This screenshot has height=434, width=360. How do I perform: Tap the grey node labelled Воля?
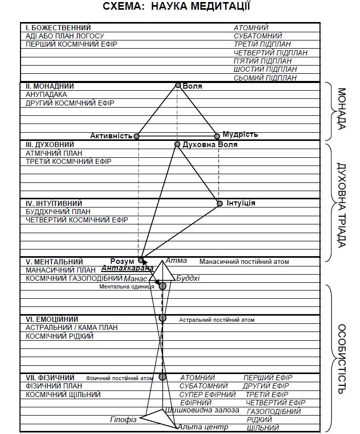178,85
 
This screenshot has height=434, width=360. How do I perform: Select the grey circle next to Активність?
136,136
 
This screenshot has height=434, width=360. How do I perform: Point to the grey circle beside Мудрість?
217,136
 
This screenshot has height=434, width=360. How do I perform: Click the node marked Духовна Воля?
177,145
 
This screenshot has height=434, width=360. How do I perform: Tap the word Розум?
122,261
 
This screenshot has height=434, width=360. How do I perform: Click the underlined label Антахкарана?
128,268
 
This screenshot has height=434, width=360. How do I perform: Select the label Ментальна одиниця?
127,287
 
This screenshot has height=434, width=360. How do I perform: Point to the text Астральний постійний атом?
216,320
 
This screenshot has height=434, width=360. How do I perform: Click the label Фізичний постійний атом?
119,379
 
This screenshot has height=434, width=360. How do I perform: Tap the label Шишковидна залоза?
202,410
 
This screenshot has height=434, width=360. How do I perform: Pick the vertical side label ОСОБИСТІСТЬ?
342,358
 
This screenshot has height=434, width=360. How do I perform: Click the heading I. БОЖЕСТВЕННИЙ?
58,27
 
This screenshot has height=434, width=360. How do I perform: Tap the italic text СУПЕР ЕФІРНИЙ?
207,395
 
